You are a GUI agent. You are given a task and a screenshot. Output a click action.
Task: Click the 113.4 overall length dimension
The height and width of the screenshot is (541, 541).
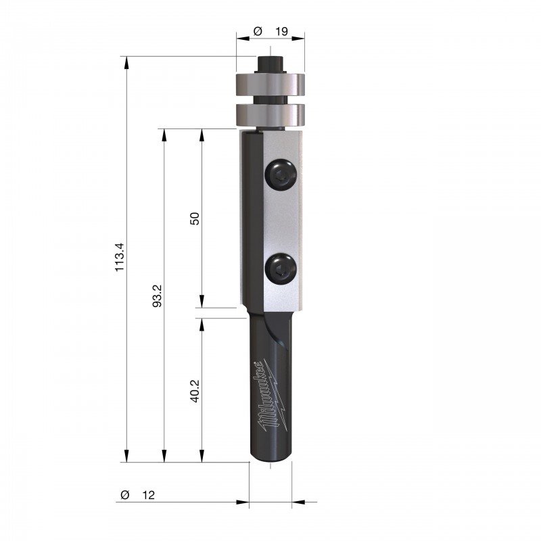120,257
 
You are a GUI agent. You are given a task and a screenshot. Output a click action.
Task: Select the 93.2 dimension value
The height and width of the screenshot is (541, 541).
158,296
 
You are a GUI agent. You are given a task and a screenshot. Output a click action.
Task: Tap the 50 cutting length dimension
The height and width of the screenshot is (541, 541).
195,218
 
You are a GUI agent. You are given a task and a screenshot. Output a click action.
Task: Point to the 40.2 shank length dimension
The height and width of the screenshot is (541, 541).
195,391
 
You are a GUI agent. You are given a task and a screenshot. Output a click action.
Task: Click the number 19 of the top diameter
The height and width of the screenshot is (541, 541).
281,31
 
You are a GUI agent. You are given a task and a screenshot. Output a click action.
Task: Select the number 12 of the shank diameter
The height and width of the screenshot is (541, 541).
148,495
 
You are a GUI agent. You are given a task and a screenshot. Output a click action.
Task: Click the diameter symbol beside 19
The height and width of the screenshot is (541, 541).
258,31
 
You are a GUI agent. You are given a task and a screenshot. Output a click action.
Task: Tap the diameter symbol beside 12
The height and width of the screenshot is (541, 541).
125,495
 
